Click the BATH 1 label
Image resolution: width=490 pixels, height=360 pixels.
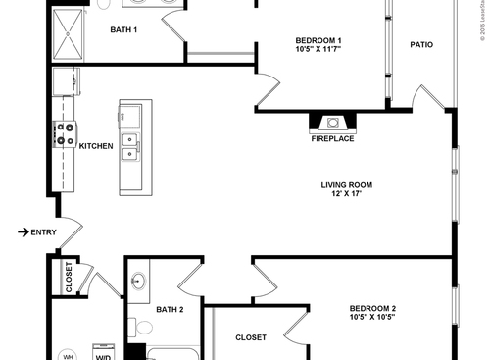click(123, 30)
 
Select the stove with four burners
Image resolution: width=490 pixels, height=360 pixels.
click(67, 133)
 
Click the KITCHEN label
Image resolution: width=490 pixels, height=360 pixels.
click(97, 147)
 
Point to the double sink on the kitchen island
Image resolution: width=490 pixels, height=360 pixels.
click(130, 147)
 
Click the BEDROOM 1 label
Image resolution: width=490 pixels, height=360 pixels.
click(318, 40)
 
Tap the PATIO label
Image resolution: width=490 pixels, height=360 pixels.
click(421, 45)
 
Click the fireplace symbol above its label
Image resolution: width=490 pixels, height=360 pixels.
click(333, 123)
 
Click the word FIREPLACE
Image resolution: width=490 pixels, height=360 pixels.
click(333, 139)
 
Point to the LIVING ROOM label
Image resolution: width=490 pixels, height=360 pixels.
click(347, 184)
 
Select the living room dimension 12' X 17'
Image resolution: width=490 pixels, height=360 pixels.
click(347, 194)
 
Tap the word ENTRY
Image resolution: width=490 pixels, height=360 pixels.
click(44, 232)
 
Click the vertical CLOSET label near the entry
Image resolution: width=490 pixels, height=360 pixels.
click(69, 278)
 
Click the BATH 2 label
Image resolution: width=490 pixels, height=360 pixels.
click(170, 310)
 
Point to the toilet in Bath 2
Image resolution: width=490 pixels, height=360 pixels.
click(141, 328)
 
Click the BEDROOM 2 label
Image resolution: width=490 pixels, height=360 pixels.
click(372, 310)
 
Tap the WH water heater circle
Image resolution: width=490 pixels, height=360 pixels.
click(69, 354)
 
